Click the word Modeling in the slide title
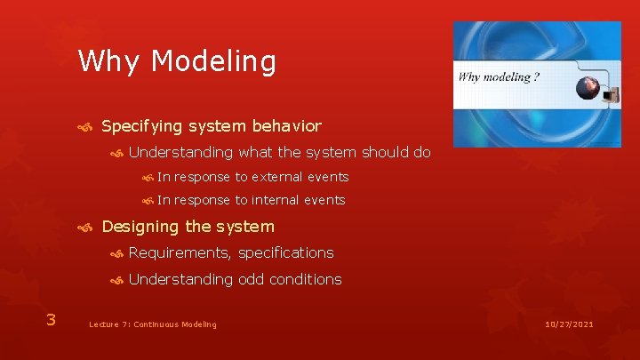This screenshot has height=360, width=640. pos(213,61)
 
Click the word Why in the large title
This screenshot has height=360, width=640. pos(108,61)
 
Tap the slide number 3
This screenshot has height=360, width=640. pos(51,320)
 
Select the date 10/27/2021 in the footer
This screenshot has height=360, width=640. pos(569,324)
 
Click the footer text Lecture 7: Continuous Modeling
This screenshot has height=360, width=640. pos(153,324)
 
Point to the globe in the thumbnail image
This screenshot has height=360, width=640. pos(588,88)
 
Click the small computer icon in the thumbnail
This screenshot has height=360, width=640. pos(611,95)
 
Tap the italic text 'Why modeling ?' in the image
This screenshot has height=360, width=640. pos(499,77)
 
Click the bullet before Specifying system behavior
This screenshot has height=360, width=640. pos(85,128)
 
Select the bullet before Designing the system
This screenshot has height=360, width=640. pos(85,228)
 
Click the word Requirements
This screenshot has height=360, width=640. pos(180,253)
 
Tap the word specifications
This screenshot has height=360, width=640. pos(285,253)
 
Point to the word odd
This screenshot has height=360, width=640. pos(251,279)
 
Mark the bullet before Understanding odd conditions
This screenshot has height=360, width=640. pos(116,280)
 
